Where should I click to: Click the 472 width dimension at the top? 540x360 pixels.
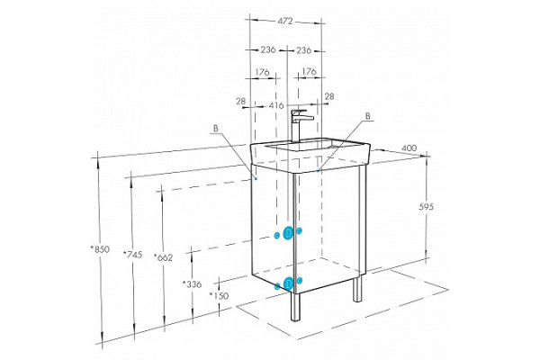pos(285,22)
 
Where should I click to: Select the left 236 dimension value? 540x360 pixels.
pos(268,50)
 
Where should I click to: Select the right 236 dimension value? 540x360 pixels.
pos(304,50)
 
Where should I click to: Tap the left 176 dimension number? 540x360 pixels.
pos(262,72)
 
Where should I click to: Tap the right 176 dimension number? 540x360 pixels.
pos(309,72)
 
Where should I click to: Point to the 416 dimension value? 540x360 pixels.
pos(276,105)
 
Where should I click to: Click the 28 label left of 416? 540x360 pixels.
pos(241,102)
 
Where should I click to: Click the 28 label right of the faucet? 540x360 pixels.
pos(329,96)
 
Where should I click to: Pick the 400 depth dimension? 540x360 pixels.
pos(409,148)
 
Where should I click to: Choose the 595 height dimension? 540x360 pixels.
pos(427,207)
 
